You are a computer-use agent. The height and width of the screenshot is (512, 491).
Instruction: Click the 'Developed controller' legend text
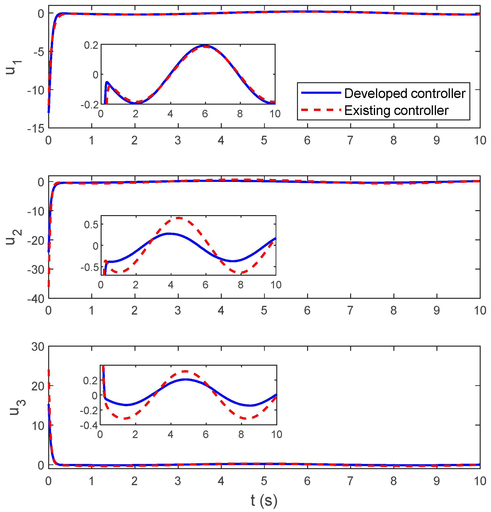pyautogui.click(x=404, y=93)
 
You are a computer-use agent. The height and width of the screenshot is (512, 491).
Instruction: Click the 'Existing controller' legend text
pyautogui.click(x=396, y=110)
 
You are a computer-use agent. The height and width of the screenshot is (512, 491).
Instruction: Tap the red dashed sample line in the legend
pyautogui.click(x=321, y=110)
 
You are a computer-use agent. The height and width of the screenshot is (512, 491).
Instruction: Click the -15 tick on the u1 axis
pyautogui.click(x=36, y=128)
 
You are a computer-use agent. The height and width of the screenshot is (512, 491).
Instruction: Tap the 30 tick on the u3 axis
pyautogui.click(x=38, y=347)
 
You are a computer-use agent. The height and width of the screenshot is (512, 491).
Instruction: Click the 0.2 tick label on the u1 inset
pyautogui.click(x=91, y=45)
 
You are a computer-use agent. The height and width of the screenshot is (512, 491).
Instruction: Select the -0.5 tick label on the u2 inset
pyautogui.click(x=89, y=267)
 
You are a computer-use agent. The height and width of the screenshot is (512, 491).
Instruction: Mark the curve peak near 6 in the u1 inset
pyautogui.click(x=205, y=46)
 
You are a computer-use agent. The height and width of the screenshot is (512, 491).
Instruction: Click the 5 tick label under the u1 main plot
pyautogui.click(x=264, y=140)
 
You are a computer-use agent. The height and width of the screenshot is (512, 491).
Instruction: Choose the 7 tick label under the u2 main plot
pyautogui.click(x=350, y=310)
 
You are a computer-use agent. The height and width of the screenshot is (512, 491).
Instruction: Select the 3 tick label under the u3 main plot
pyautogui.click(x=178, y=481)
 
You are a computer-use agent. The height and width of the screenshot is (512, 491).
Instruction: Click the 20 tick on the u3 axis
pyautogui.click(x=38, y=386)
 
